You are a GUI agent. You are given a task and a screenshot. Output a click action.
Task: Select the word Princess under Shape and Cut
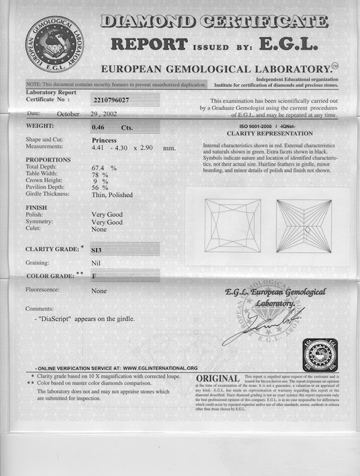pos(104,140)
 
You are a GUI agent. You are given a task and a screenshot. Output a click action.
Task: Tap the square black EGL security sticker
pos(320,355)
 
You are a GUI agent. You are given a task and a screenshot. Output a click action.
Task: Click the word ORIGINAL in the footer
pos(222,378)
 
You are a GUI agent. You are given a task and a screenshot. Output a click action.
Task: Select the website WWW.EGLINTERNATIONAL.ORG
pos(160,368)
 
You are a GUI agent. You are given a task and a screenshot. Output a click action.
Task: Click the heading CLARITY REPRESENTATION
pos(270,134)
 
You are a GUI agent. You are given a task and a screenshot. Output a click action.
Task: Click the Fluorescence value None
pos(99,291)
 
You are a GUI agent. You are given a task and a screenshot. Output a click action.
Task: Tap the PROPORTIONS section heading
pos(48,160)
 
